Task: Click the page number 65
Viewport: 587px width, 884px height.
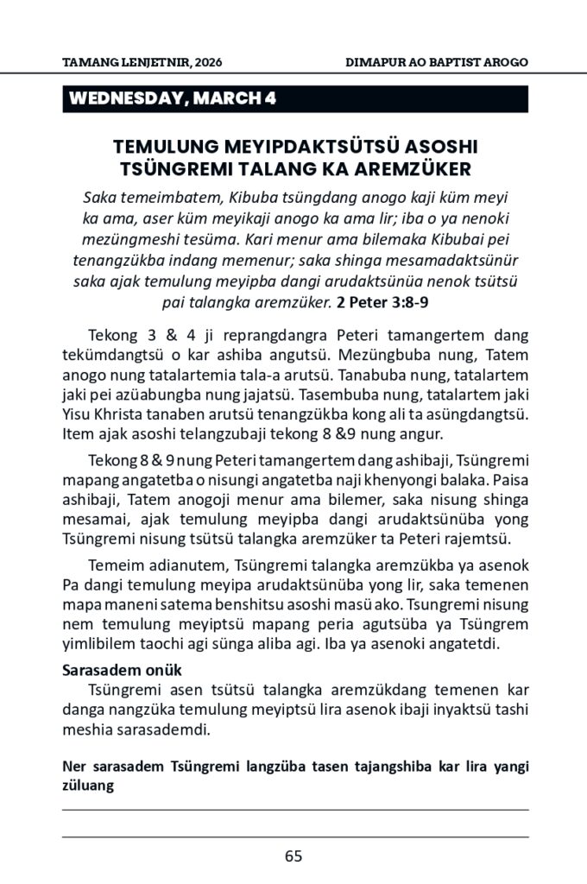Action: click(293, 856)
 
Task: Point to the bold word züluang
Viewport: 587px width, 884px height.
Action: click(89, 786)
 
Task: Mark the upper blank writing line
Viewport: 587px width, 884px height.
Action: click(294, 810)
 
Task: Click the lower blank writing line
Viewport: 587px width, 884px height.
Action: click(294, 837)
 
